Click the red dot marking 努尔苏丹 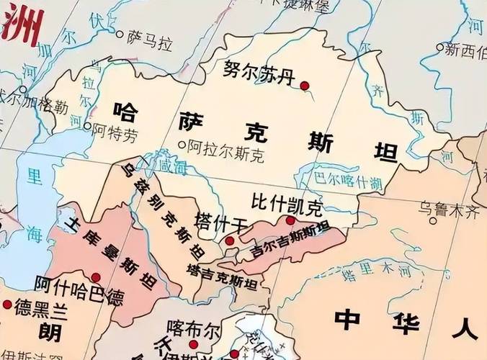click(x=305, y=86)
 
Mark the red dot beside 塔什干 click(x=229, y=240)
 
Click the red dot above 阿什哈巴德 click(x=96, y=276)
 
